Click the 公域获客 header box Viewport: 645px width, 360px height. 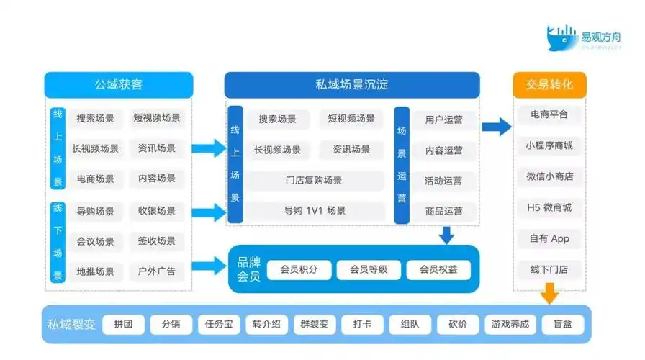pos(119,85)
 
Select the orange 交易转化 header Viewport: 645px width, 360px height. pos(549,85)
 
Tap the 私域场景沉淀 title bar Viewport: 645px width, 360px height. pos(352,85)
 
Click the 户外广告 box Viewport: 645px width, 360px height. pos(157,272)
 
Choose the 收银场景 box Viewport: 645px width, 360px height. pos(157,211)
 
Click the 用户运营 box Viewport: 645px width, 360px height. pos(444,120)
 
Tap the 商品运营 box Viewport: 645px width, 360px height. pos(444,211)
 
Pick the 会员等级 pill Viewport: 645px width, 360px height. pos(369,270)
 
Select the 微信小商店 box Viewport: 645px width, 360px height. pos(549,176)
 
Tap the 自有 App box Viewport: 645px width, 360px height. pos(549,238)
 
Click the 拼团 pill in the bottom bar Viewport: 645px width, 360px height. pos(123,324)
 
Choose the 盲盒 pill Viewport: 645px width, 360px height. pos(562,324)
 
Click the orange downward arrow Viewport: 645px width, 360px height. pos(549,293)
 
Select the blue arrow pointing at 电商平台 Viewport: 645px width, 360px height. pos(496,128)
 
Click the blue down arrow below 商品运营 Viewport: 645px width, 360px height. pos(447,235)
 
